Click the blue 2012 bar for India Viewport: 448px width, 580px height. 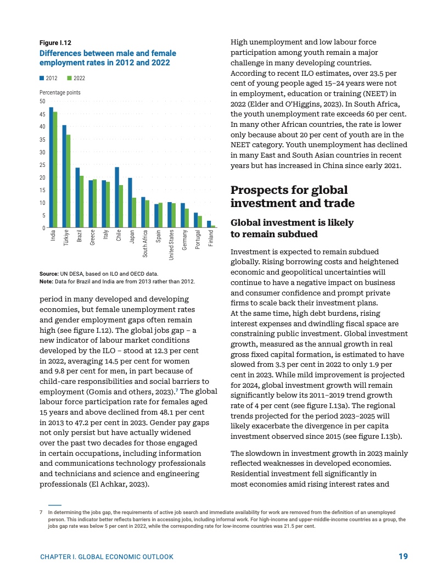pos(51,167)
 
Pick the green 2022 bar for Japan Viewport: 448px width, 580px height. pos(134,212)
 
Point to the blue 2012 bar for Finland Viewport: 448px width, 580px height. pos(209,224)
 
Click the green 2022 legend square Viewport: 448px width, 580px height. pos(69,79)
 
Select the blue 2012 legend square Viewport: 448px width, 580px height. pos(42,79)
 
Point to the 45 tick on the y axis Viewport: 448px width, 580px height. pos(43,114)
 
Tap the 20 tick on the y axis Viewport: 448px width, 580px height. pos(43,177)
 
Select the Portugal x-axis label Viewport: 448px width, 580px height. pos(198,240)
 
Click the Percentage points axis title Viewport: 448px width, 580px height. pos(60,93)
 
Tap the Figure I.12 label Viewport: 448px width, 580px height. pos(55,43)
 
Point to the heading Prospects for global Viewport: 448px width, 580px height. pos(289,190)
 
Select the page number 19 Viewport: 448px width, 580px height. pos(403,556)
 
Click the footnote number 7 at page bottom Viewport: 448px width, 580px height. pos(41,512)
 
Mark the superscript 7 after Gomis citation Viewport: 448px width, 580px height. pos(177,391)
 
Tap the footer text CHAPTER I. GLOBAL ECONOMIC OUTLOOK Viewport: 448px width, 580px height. pos(107,557)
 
